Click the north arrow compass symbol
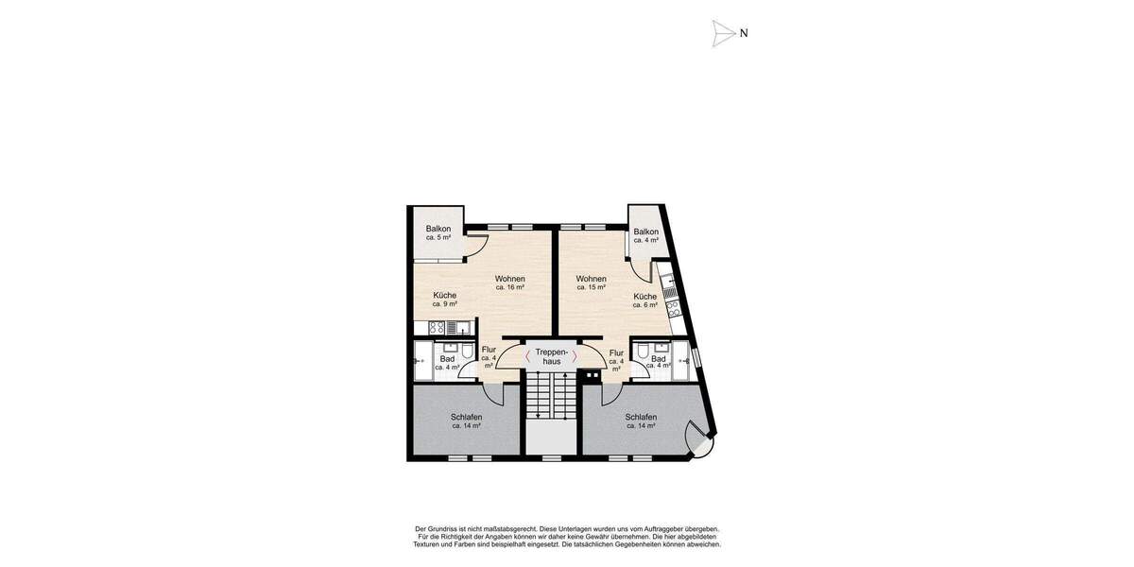click(723, 33)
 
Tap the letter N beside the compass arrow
click(744, 33)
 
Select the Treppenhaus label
click(549, 356)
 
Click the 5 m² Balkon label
click(438, 232)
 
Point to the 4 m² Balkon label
click(645, 235)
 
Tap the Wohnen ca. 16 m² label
click(509, 283)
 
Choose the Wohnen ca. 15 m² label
click(591, 283)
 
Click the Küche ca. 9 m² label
click(444, 300)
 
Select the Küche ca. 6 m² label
click(644, 301)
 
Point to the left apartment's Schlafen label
click(466, 421)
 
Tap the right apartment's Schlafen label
click(641, 421)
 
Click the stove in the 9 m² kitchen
click(438, 328)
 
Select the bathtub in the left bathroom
click(421, 361)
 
